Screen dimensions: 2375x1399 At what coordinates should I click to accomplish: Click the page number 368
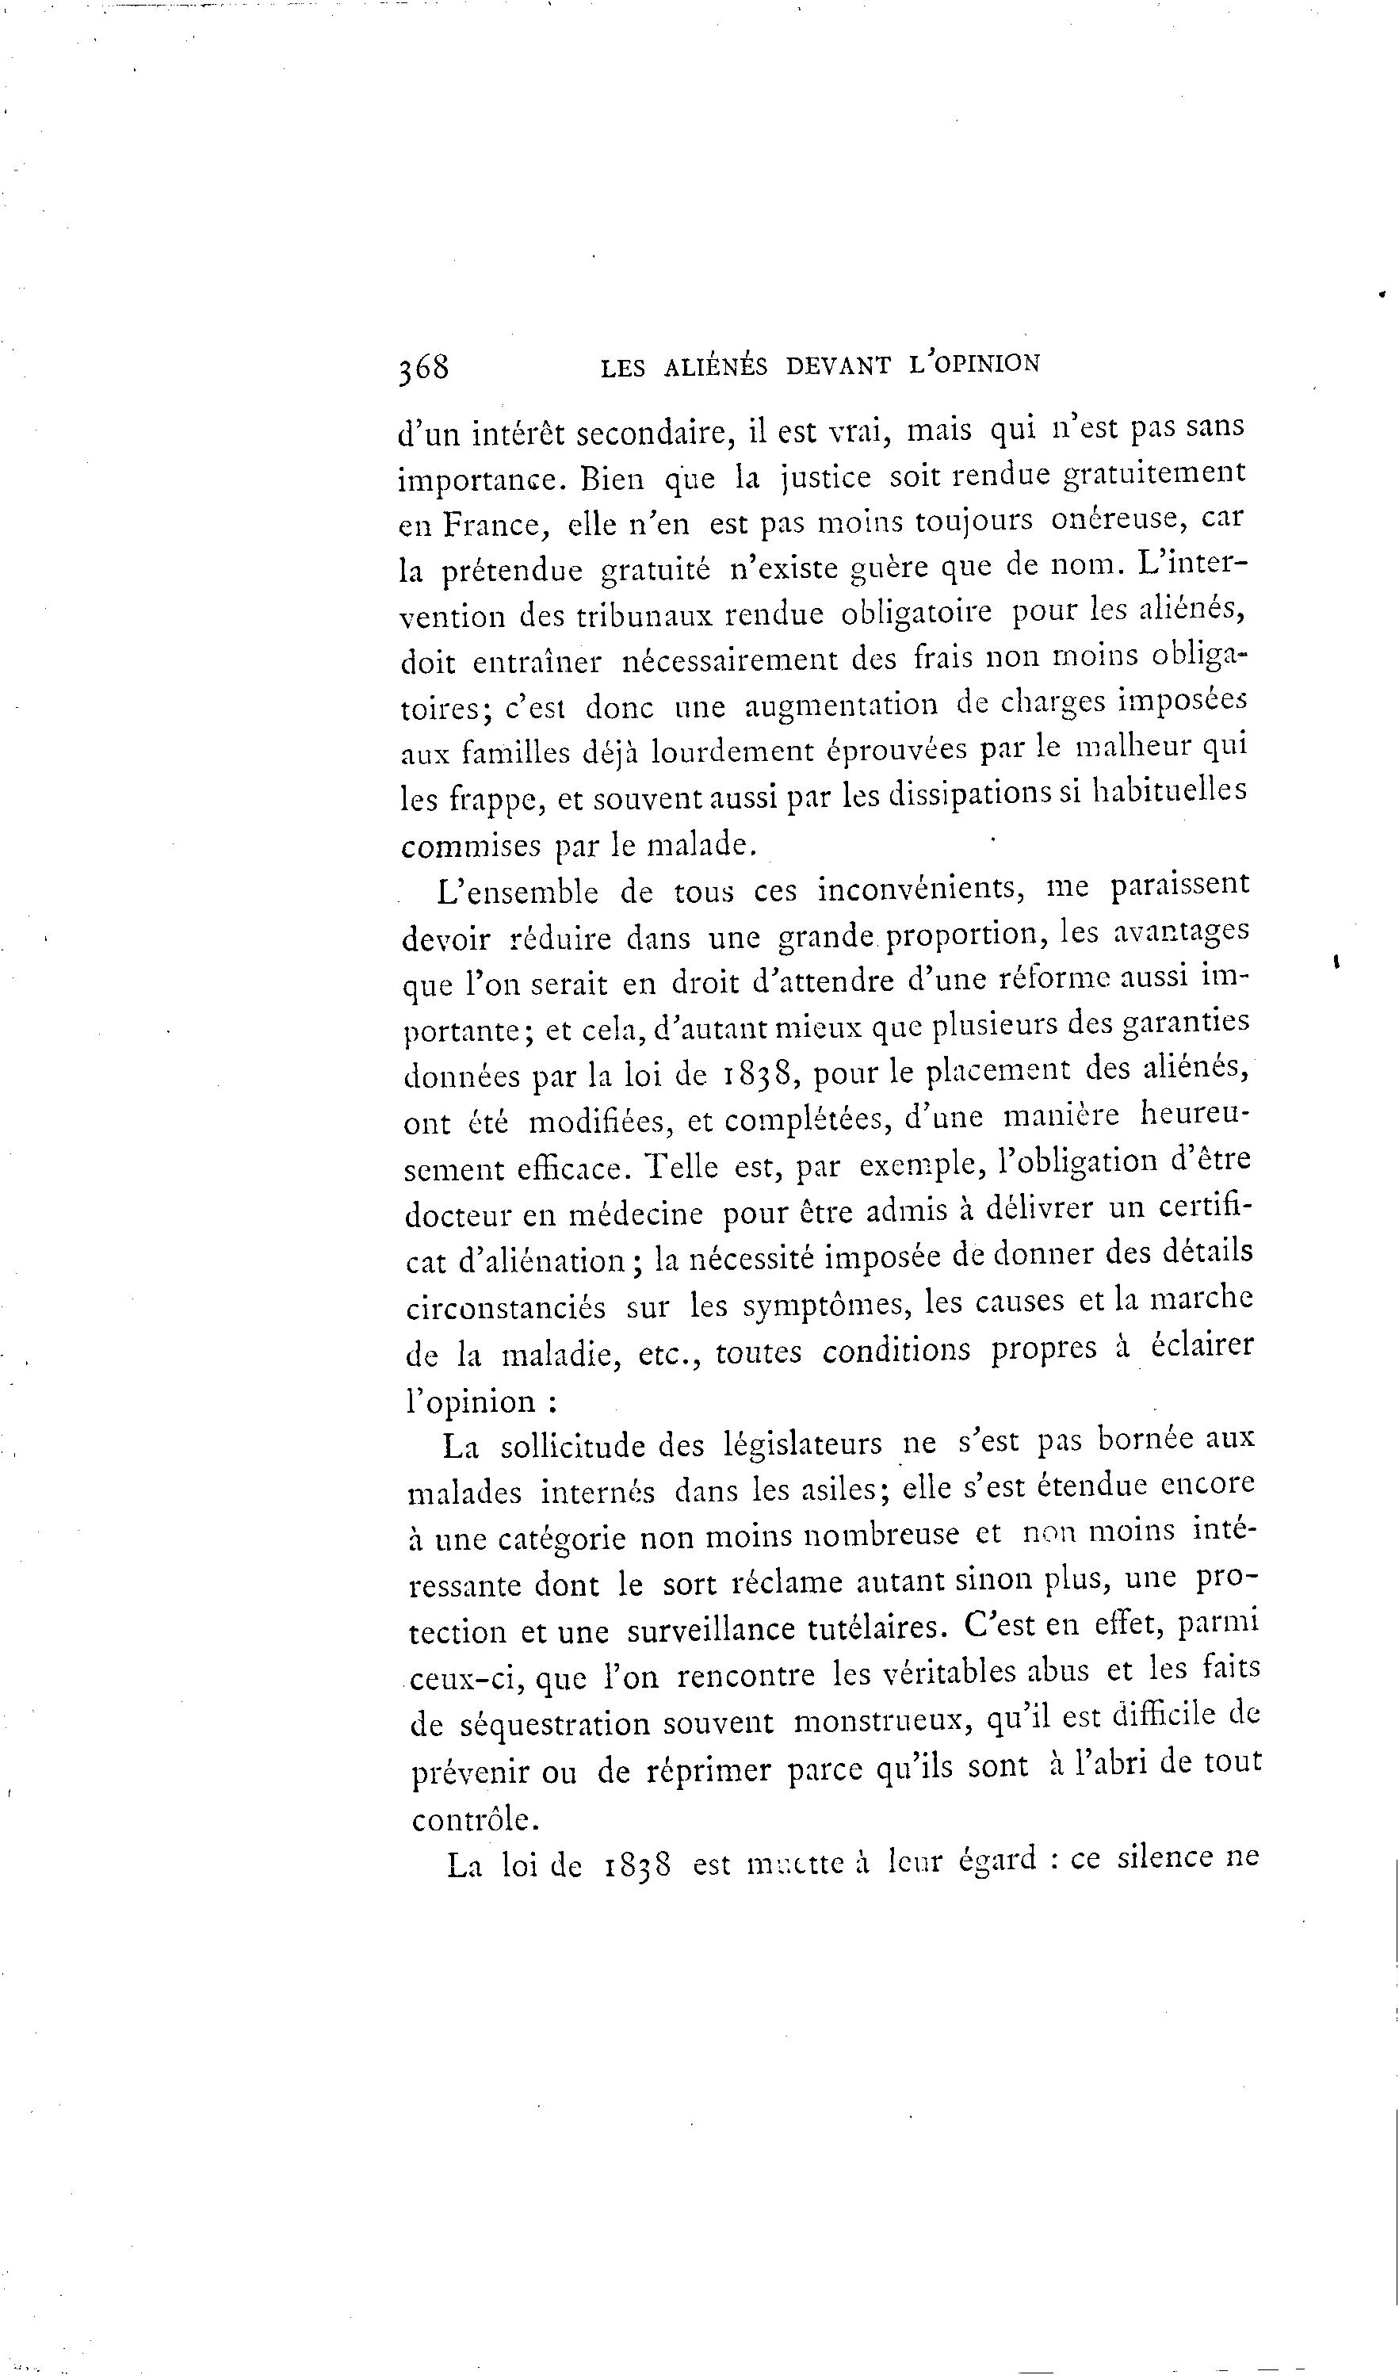[423, 368]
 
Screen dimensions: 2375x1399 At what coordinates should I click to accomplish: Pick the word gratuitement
[1154, 474]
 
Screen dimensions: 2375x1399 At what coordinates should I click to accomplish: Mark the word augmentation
[841, 706]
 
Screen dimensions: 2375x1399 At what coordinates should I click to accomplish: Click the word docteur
[459, 1214]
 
